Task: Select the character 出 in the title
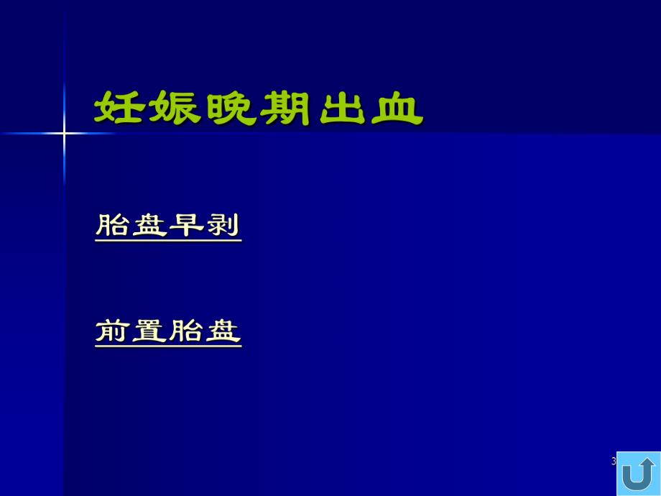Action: [x=341, y=109]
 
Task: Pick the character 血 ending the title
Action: [x=396, y=109]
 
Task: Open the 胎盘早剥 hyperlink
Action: [x=168, y=225]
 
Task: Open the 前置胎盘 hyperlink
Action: [x=168, y=331]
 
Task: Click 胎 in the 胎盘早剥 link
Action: [x=114, y=225]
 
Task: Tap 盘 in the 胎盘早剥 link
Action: [x=150, y=225]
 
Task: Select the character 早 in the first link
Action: [x=186, y=225]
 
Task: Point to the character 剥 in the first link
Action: [x=223, y=225]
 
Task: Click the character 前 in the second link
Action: [x=114, y=331]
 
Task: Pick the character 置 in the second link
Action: [x=150, y=331]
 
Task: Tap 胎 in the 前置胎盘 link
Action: [x=186, y=331]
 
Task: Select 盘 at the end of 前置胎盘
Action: [x=223, y=331]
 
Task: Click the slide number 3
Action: [x=614, y=461]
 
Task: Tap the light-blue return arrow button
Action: [x=638, y=473]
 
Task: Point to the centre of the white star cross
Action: [x=64, y=133]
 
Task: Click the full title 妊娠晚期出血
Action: [x=258, y=109]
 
